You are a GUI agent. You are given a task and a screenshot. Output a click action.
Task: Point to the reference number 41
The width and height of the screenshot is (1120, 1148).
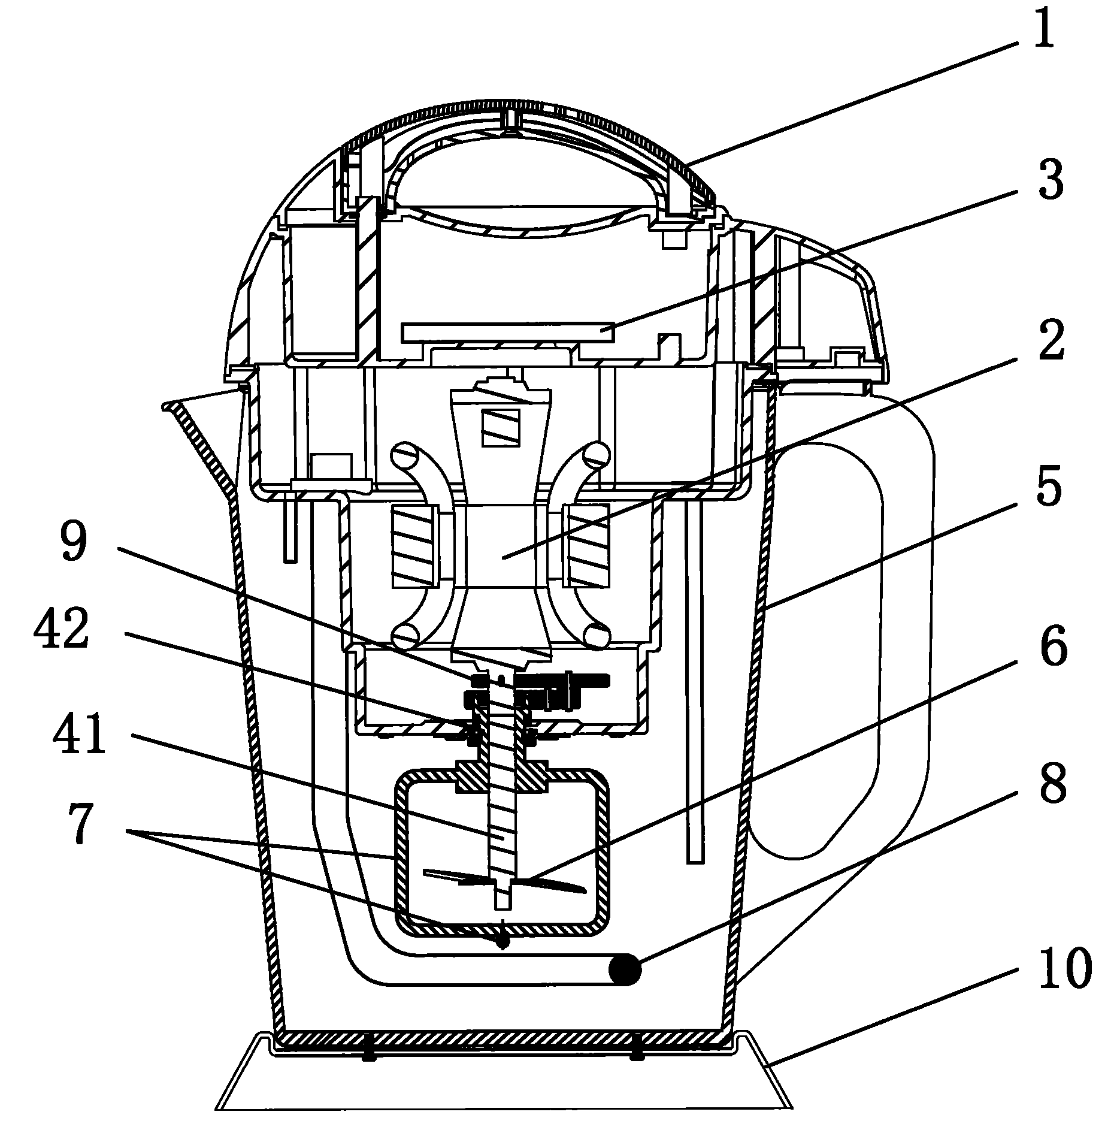tap(78, 733)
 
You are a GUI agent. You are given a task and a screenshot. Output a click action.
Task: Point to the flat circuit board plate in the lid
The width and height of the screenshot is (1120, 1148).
tap(509, 331)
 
